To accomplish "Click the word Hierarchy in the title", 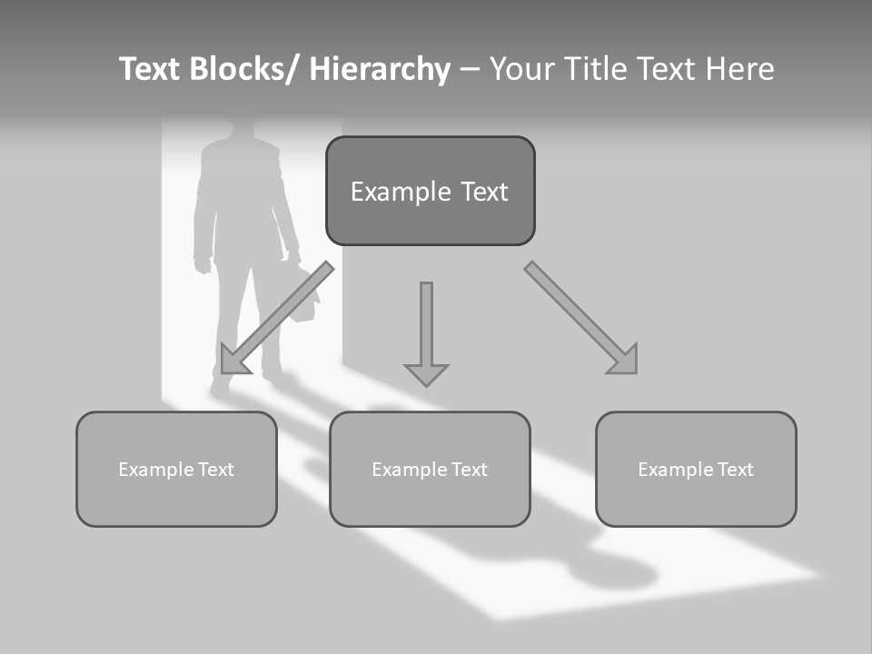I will click(380, 70).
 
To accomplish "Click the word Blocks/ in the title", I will click(242, 70).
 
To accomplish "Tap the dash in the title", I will click(470, 70).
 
